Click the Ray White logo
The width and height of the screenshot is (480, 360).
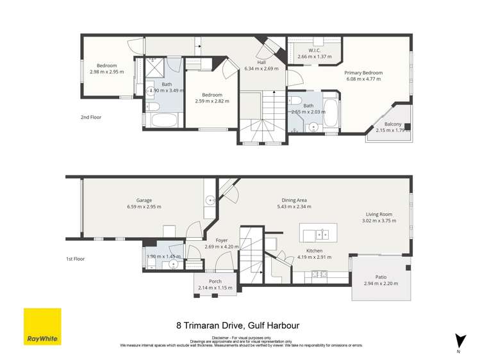(42, 327)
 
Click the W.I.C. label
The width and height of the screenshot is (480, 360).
(314, 51)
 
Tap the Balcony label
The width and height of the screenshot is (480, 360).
(393, 124)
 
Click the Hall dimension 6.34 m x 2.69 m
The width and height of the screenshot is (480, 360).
(261, 69)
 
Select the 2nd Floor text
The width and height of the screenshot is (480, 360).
(91, 117)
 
